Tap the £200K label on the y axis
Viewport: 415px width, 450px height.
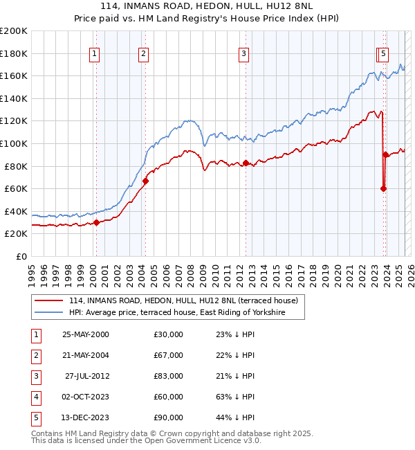click(14, 31)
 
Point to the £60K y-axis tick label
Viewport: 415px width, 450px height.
click(16, 188)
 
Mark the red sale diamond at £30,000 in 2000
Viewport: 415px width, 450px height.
click(97, 222)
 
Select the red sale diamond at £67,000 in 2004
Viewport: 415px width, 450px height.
click(146, 181)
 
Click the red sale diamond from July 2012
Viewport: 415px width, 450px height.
click(246, 163)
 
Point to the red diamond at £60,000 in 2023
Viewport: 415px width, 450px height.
click(383, 188)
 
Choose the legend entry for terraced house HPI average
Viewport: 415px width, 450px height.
click(186, 313)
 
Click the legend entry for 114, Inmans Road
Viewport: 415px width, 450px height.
click(183, 300)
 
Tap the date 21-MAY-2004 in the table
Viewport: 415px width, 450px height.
click(85, 355)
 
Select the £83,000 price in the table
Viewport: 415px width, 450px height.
click(169, 376)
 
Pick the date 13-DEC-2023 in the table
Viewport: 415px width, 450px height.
click(85, 417)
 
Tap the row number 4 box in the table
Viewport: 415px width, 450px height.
click(36, 397)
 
